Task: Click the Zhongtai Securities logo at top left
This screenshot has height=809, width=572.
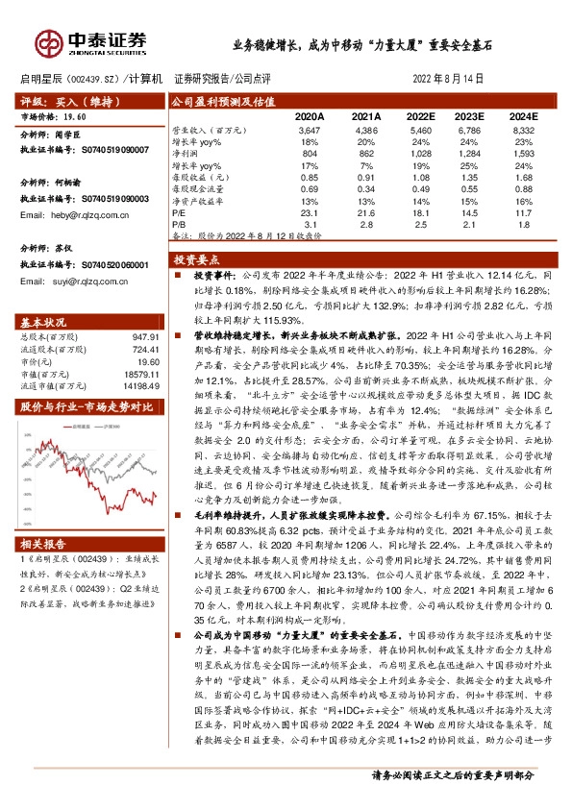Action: pyautogui.click(x=91, y=42)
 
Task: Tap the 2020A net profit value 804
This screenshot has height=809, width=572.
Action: pyautogui.click(x=310, y=153)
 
